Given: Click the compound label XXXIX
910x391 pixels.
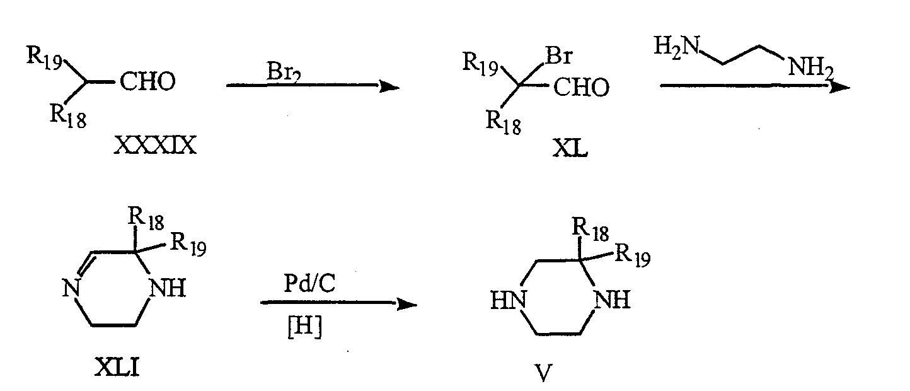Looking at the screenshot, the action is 155,145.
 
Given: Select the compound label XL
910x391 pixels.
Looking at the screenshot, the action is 570,148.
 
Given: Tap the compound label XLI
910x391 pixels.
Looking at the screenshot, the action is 117,367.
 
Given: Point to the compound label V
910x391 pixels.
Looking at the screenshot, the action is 543,372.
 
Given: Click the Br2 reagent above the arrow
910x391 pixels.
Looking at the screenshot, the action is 284,72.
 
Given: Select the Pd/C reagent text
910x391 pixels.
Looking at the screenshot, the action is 309,283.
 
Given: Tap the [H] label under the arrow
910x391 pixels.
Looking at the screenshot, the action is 304,327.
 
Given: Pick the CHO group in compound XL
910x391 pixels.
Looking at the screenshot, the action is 581,87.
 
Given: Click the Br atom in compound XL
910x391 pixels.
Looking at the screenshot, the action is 560,55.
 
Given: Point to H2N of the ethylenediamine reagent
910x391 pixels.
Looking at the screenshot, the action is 677,46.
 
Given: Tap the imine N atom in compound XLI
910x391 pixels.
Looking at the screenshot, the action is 71,289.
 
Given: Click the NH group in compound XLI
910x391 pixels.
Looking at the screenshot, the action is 168,288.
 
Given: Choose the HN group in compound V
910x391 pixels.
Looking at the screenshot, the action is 508,300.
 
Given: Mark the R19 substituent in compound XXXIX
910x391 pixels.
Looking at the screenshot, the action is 44,57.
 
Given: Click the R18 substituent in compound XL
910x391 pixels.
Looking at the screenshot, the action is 504,122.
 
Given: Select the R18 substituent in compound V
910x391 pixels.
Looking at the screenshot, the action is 590,229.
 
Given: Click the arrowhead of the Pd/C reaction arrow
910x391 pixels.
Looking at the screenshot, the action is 407,303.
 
